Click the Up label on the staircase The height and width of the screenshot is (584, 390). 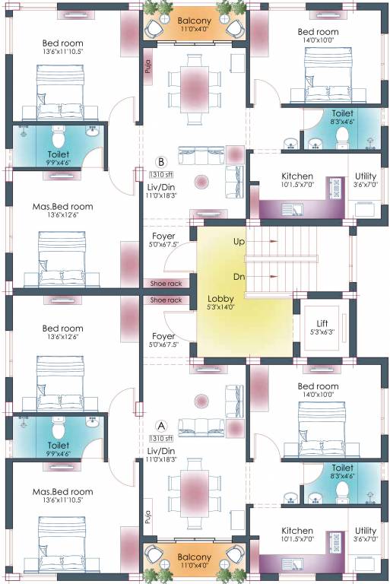pyautogui.click(x=239, y=241)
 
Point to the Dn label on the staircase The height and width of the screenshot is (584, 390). pyautogui.click(x=239, y=278)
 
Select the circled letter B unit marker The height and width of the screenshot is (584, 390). pyautogui.click(x=160, y=161)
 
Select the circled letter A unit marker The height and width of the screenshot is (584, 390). pyautogui.click(x=160, y=426)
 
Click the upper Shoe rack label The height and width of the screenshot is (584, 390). pyautogui.click(x=166, y=284)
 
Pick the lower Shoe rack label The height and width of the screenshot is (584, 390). pyautogui.click(x=166, y=300)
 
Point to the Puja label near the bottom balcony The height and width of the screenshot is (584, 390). pyautogui.click(x=148, y=519)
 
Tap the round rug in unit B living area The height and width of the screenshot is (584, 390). pyautogui.click(x=202, y=182)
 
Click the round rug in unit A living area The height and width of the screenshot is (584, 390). pyautogui.click(x=202, y=401)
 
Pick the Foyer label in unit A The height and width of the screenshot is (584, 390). pyautogui.click(x=163, y=335)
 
